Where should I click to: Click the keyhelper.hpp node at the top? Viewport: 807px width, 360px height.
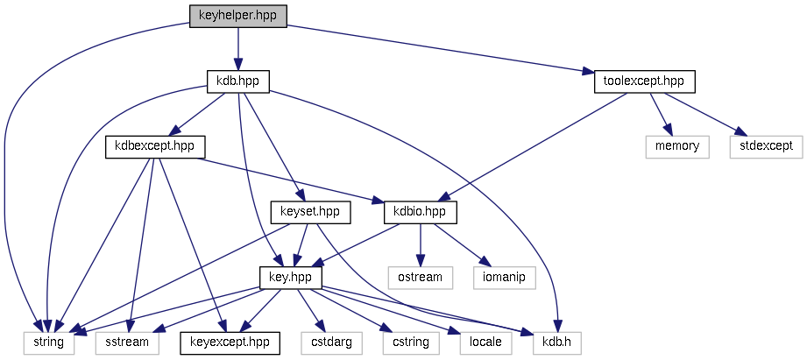pos(238,16)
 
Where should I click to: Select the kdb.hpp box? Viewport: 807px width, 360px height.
pos(237,81)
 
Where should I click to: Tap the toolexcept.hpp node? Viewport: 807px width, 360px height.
pos(644,81)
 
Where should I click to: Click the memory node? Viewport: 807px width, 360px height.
pos(676,146)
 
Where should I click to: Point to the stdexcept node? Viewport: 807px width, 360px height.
pos(765,146)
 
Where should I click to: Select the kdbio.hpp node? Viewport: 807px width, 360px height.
pos(421,212)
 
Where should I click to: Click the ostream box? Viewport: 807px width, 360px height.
pos(421,277)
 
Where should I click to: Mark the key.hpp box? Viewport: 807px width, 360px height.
pos(291,277)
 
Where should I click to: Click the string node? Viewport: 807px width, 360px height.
pos(48,342)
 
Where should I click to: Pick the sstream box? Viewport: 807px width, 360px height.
pos(127,342)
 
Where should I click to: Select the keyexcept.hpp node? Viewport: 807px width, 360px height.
pos(230,342)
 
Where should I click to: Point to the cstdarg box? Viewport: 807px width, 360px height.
pos(330,342)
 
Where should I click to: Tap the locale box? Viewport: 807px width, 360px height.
pos(485,342)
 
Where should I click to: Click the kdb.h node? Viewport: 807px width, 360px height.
pos(556,342)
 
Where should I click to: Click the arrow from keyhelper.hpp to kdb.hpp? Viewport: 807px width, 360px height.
pos(237,48)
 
